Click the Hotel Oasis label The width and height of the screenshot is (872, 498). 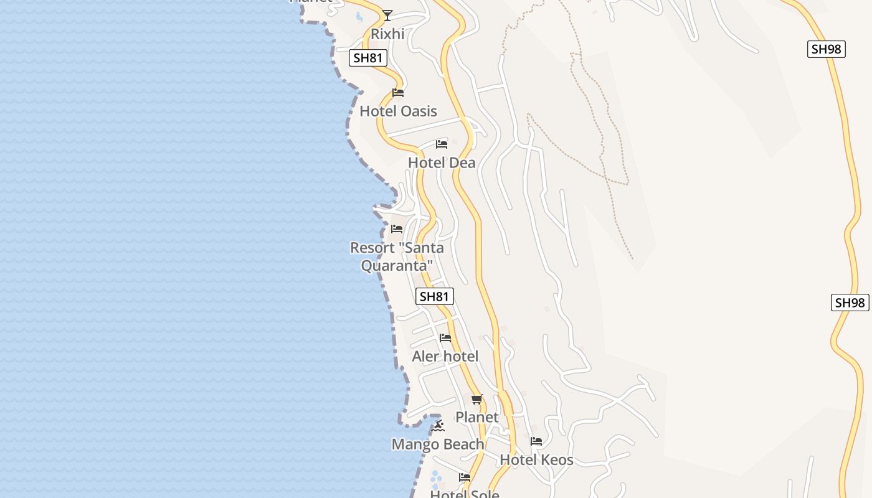398,111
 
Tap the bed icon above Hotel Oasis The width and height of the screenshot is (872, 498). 398,93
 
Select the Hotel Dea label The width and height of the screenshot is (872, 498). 442,163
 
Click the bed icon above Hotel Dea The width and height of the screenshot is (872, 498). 442,144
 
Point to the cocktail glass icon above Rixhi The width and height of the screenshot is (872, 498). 387,15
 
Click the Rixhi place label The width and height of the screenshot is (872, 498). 387,34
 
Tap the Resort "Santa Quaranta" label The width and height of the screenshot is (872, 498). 397,256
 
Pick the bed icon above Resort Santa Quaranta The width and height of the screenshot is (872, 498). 397,229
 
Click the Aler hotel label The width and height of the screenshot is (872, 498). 445,357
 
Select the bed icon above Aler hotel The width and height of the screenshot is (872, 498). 445,338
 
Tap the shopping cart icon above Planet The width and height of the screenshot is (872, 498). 477,399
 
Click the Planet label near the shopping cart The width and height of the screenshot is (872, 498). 477,417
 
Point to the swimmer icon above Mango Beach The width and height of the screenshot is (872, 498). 438,426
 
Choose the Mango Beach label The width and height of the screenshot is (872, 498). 438,444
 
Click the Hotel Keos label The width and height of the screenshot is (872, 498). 536,461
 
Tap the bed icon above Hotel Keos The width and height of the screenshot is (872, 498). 536,441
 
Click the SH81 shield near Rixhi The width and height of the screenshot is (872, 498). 368,58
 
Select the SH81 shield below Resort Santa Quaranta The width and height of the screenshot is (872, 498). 434,296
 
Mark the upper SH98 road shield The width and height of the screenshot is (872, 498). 826,49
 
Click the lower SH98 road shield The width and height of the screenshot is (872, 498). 850,303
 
